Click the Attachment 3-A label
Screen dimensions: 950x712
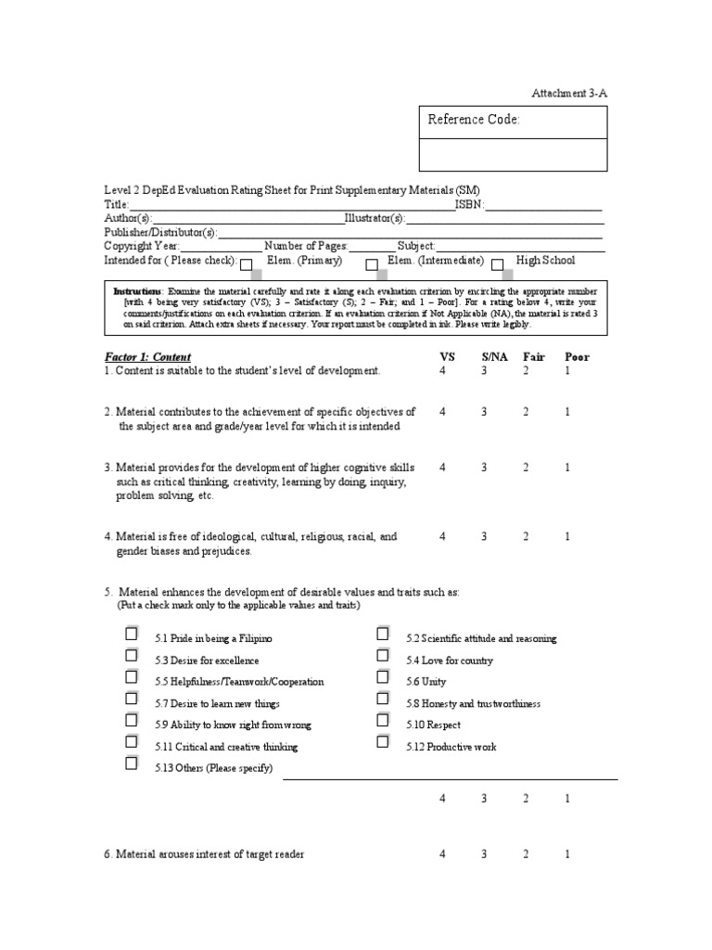point(568,94)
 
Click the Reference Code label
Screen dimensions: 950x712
point(473,120)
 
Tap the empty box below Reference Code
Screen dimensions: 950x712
point(515,154)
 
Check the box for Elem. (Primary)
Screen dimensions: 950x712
point(247,264)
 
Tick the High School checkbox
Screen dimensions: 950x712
point(497,264)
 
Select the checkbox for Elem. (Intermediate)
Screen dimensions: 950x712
point(371,264)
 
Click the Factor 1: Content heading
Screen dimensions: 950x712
point(147,356)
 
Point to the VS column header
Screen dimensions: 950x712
point(447,356)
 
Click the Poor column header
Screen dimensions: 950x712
point(577,356)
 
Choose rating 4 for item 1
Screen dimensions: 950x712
point(442,370)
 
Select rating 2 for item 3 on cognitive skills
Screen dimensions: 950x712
point(525,468)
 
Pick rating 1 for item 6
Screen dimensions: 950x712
point(567,854)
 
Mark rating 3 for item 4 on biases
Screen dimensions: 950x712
point(484,536)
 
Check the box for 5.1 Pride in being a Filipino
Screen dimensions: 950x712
point(132,635)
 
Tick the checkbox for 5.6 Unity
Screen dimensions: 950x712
point(382,677)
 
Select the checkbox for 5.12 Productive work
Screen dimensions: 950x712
point(382,742)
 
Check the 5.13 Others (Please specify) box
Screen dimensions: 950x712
point(132,764)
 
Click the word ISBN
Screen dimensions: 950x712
point(469,205)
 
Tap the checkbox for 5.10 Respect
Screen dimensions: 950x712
point(382,720)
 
